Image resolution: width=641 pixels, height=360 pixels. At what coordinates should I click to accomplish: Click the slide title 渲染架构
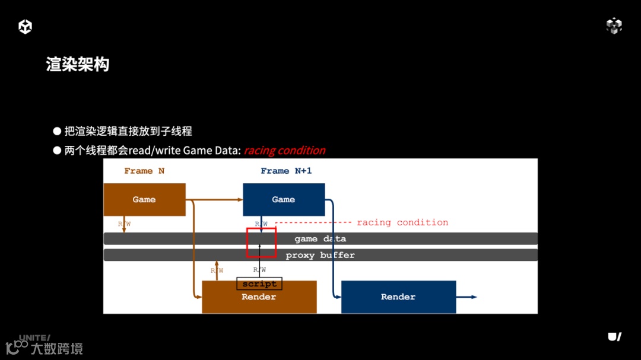click(x=78, y=65)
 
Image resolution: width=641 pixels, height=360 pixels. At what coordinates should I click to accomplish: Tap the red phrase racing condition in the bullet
click(x=284, y=151)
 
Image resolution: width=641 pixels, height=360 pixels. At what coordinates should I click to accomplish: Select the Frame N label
click(x=144, y=171)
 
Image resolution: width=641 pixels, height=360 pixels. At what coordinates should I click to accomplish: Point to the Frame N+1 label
click(x=286, y=171)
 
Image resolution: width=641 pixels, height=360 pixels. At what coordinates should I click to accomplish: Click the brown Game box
click(x=144, y=199)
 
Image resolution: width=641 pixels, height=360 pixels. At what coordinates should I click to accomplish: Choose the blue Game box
click(x=284, y=199)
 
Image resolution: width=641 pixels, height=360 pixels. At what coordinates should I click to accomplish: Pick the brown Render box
click(x=259, y=300)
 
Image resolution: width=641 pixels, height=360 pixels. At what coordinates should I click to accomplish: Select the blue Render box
click(x=398, y=297)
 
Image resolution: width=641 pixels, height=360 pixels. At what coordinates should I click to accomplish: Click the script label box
click(x=259, y=284)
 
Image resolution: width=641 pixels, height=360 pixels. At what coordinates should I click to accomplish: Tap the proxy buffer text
click(x=320, y=255)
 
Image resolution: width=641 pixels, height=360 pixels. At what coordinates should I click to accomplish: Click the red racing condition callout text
click(x=402, y=222)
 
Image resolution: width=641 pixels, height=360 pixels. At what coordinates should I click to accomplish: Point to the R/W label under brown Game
click(x=124, y=224)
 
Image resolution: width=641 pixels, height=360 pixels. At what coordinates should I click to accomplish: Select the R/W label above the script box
click(x=259, y=270)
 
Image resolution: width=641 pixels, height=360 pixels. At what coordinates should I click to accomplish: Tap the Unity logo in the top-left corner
click(x=25, y=27)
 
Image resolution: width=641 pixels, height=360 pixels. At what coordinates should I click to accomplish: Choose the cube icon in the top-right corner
click(x=614, y=26)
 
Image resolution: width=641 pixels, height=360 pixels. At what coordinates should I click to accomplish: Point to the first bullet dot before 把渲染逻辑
click(x=57, y=131)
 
